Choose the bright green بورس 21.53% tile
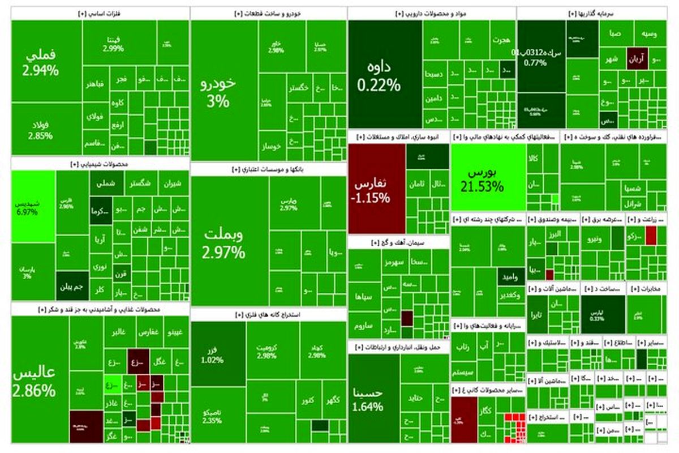tap(488, 177)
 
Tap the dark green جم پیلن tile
tap(72, 287)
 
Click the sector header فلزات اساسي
tap(100, 14)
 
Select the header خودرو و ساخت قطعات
tap(268, 14)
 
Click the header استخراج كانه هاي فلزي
tap(268, 314)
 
